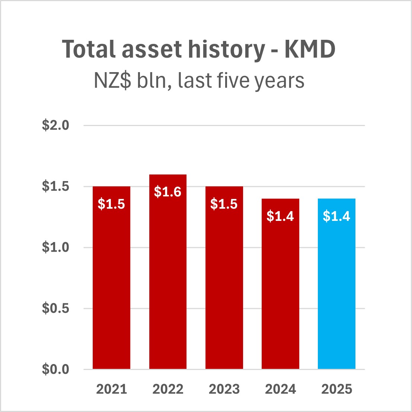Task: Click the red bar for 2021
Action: (111, 283)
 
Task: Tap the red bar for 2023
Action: (224, 283)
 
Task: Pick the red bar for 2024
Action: (280, 290)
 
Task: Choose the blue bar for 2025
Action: (336, 290)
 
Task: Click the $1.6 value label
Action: (167, 191)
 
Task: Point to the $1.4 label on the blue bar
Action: (336, 216)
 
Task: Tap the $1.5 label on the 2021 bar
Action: (111, 204)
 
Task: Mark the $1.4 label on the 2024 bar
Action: (280, 216)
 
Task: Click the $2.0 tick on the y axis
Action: (55, 125)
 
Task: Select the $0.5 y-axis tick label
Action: (55, 308)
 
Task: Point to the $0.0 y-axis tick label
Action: (55, 369)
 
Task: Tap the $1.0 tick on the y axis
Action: (55, 247)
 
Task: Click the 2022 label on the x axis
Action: (168, 389)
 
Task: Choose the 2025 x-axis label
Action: (336, 389)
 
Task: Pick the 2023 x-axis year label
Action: (224, 389)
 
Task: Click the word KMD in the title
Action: (310, 49)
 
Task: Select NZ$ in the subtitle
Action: (112, 81)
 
